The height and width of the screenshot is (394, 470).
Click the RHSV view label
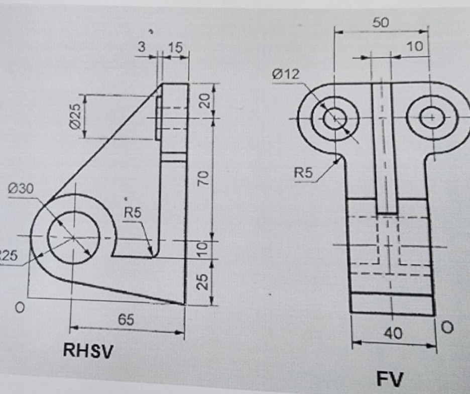(88, 350)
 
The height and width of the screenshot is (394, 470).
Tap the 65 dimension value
(126, 320)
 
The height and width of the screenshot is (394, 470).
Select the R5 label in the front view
(303, 173)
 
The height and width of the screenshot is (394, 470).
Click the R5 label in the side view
(133, 213)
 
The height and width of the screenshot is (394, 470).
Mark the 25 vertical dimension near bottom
(202, 282)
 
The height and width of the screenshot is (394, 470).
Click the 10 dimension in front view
(414, 46)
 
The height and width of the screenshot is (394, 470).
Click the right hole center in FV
(431, 118)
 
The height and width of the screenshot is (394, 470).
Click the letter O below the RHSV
(20, 307)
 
